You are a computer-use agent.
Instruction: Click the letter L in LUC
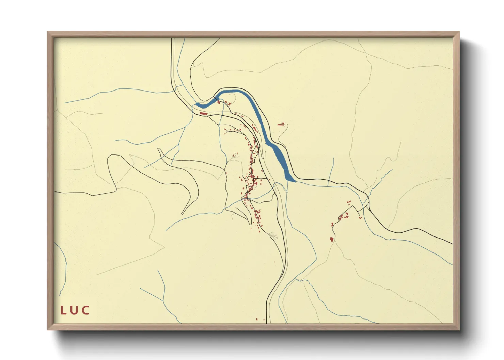point(63,310)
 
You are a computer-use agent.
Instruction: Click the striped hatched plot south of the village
point(273,235)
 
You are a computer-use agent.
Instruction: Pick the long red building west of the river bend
point(203,113)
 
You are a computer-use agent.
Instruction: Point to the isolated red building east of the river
point(281,124)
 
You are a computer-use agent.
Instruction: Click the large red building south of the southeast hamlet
point(332,239)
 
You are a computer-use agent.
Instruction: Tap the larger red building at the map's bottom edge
point(257,319)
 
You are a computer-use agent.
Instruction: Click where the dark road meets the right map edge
point(453,244)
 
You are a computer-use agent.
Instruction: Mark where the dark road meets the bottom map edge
point(267,323)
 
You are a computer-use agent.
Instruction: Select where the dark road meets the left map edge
point(55,192)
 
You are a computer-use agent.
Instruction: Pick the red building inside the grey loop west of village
point(234,156)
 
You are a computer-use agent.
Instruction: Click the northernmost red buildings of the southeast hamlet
point(349,202)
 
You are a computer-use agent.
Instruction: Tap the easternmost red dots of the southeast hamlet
point(360,218)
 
